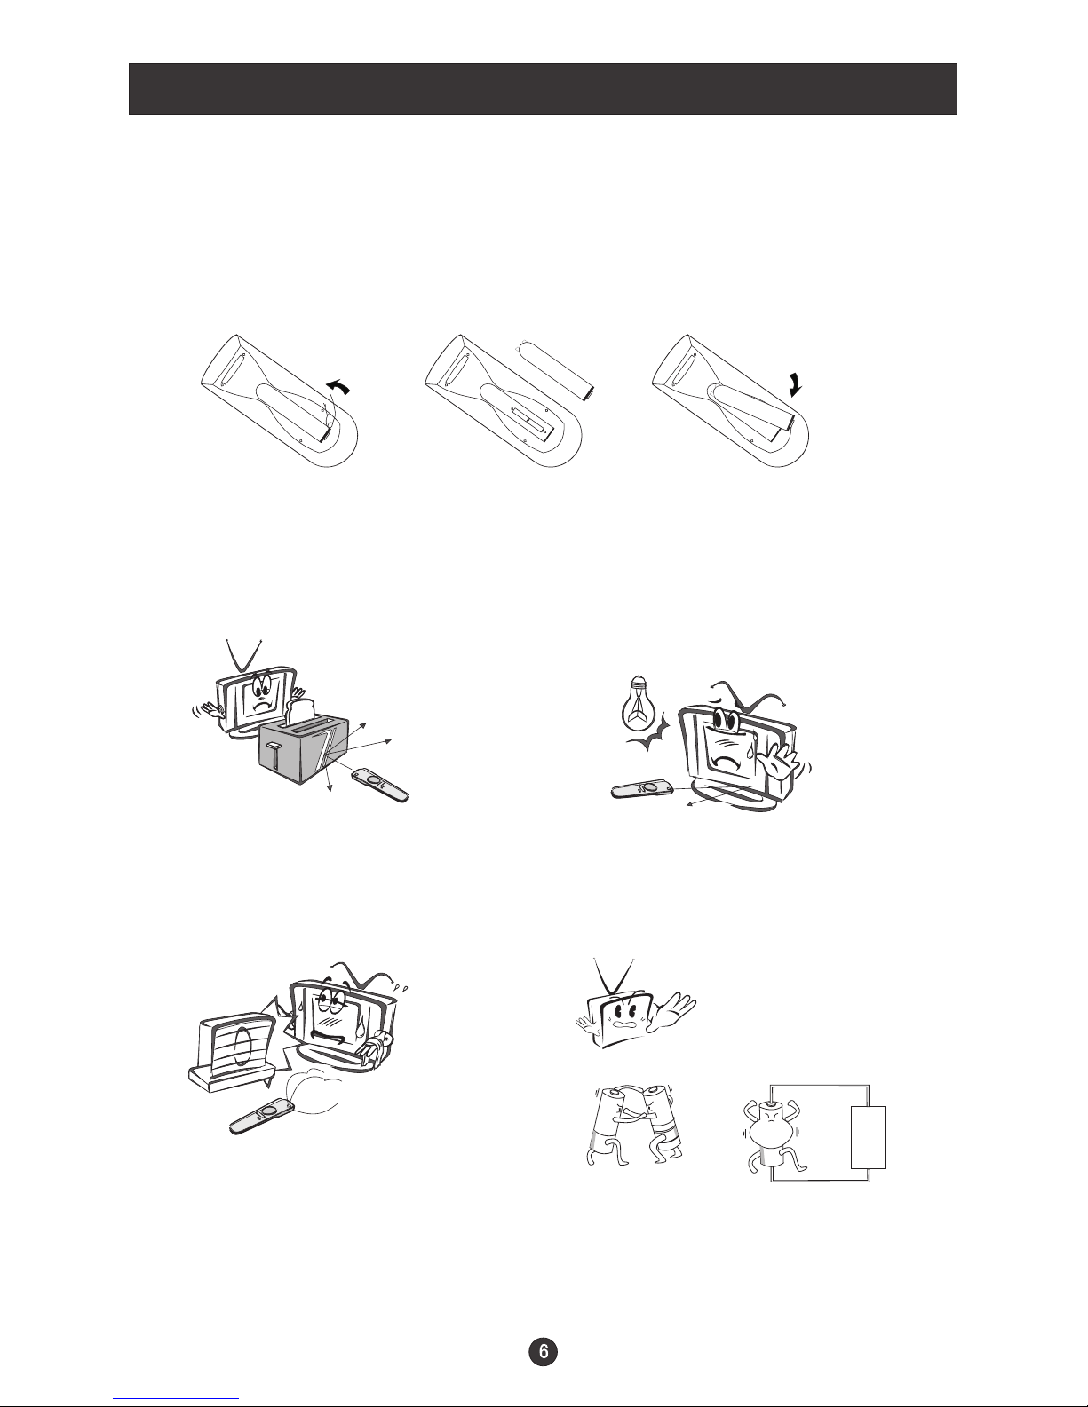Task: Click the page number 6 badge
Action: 544,1351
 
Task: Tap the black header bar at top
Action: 543,89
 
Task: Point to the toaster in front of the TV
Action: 305,750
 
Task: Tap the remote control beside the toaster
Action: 380,785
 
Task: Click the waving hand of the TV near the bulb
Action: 782,764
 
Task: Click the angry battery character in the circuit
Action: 774,1138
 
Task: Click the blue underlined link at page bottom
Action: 176,1396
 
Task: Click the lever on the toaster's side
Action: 276,755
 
